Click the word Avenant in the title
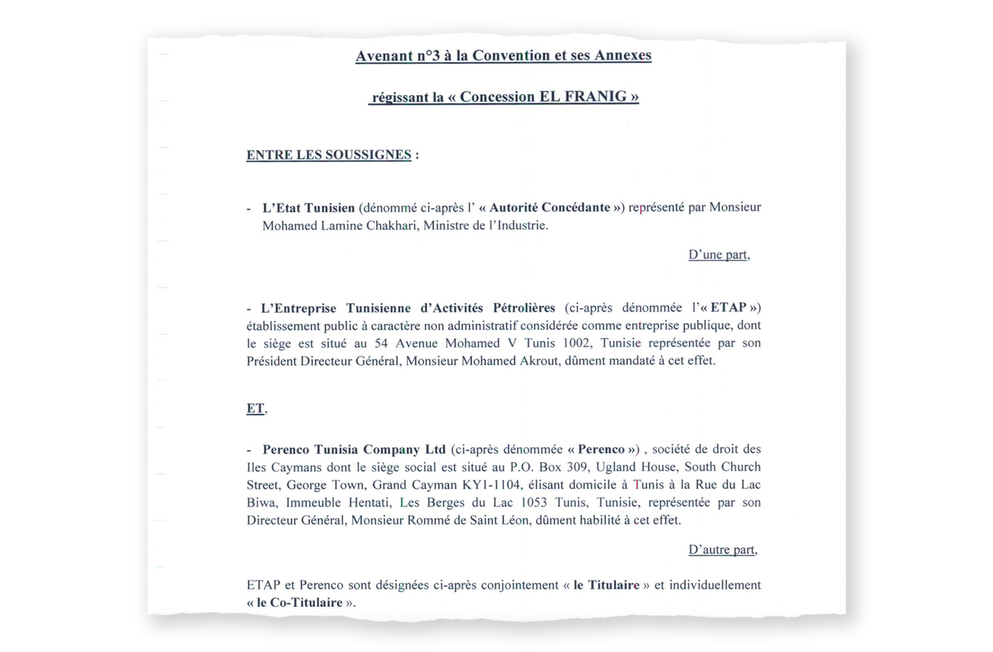[384, 56]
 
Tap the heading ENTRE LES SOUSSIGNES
[329, 155]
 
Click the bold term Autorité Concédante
[550, 208]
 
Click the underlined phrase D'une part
[718, 255]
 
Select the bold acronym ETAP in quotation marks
[728, 308]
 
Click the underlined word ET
[255, 408]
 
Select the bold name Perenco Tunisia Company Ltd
[354, 450]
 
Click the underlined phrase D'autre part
[721, 550]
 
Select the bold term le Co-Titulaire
[299, 603]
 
